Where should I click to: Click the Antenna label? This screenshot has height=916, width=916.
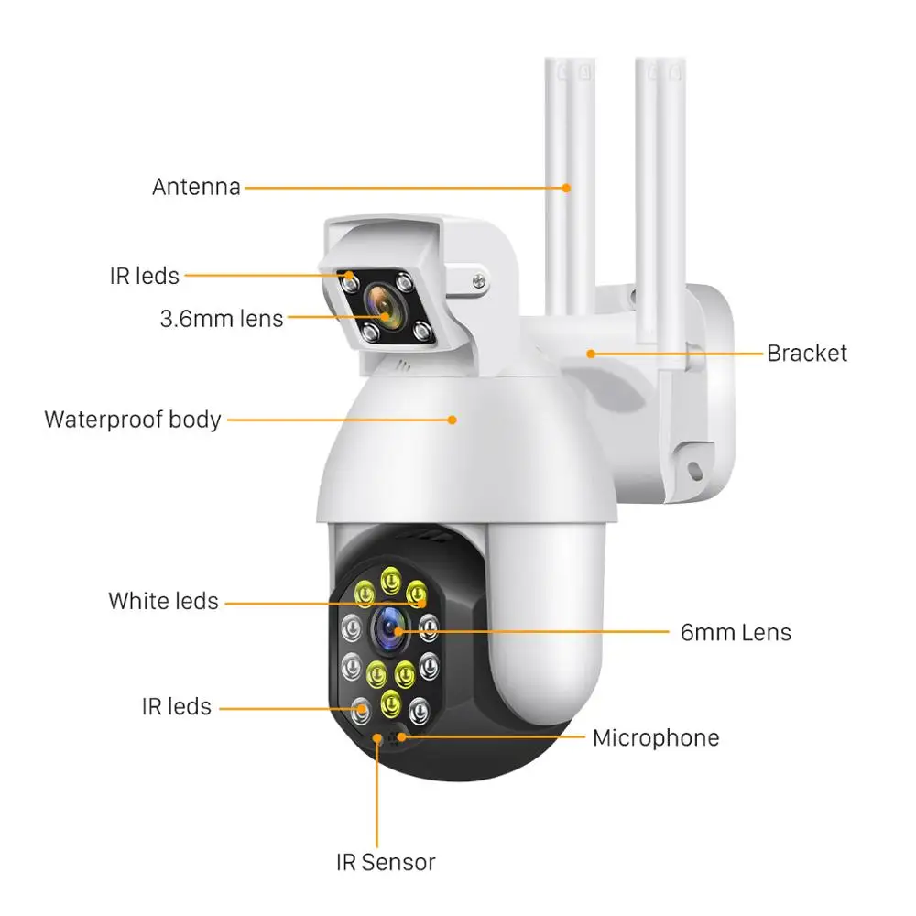(x=196, y=187)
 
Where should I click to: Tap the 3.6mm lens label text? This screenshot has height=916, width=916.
(x=222, y=319)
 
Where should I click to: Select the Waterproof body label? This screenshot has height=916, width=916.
(x=133, y=420)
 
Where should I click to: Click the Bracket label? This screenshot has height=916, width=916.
(x=807, y=353)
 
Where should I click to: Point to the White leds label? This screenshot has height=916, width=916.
(x=164, y=602)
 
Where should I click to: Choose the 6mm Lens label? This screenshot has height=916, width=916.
(x=736, y=631)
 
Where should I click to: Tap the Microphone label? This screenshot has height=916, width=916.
(x=656, y=737)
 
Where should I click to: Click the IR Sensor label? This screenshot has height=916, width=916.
(x=384, y=862)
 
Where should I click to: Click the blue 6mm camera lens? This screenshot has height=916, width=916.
(x=389, y=628)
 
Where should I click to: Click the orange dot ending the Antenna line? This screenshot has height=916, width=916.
(x=567, y=188)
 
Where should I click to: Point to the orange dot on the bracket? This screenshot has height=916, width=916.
(x=592, y=353)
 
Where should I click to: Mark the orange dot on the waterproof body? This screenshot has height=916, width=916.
(x=453, y=420)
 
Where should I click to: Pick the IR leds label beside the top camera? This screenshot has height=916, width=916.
(x=144, y=275)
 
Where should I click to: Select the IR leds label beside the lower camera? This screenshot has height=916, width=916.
(x=177, y=707)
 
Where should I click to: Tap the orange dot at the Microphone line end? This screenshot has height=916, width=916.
(x=400, y=736)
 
